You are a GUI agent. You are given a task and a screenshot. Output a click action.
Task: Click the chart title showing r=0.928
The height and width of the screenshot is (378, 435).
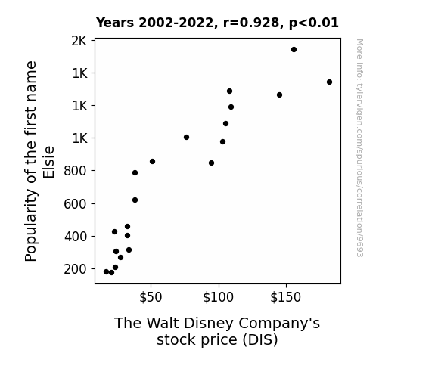(217, 23)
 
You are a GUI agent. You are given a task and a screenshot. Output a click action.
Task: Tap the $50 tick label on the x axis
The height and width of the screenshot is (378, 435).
(151, 297)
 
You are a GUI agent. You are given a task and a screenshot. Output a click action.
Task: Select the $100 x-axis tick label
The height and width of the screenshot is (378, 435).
(219, 297)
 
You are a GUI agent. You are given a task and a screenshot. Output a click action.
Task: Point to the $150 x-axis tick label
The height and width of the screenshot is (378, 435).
(286, 297)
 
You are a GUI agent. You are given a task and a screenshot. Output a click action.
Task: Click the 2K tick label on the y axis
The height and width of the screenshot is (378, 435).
(79, 41)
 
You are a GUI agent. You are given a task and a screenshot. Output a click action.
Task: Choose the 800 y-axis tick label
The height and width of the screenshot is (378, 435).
(75, 171)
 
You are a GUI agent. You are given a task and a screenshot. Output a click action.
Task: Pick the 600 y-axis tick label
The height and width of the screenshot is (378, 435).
(75, 204)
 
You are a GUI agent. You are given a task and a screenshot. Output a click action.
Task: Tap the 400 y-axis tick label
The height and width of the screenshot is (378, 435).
(75, 237)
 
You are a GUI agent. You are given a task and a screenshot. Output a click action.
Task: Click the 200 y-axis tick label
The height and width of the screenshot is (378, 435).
(75, 269)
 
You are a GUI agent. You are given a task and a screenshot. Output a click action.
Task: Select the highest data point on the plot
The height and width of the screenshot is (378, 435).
(294, 50)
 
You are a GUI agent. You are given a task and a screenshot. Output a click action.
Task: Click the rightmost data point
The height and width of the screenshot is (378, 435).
(329, 82)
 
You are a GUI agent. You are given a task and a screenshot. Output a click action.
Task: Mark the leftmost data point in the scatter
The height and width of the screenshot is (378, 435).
(106, 272)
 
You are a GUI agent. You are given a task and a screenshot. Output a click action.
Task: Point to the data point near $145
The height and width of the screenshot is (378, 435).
(279, 94)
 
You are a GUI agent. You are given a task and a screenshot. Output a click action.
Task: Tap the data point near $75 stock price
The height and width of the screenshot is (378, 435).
(186, 138)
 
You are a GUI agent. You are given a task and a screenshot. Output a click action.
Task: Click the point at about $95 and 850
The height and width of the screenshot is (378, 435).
(211, 163)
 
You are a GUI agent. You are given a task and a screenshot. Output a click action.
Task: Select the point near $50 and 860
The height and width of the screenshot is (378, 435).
(152, 161)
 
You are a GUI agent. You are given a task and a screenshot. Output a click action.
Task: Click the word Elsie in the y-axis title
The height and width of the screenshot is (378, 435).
(48, 162)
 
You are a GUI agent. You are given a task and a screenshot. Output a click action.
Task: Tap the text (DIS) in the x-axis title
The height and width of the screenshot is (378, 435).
(260, 339)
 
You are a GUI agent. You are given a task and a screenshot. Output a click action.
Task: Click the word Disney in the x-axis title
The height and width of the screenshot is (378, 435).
(209, 324)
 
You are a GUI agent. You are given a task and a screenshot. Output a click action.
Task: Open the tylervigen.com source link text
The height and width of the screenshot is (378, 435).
(359, 148)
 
